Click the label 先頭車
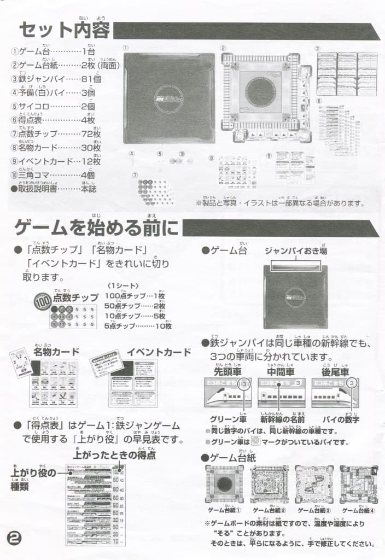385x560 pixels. coord(227,372)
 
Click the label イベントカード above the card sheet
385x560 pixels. coord(159,352)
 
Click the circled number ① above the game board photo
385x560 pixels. coord(126,48)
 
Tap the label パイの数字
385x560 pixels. coord(341,420)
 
